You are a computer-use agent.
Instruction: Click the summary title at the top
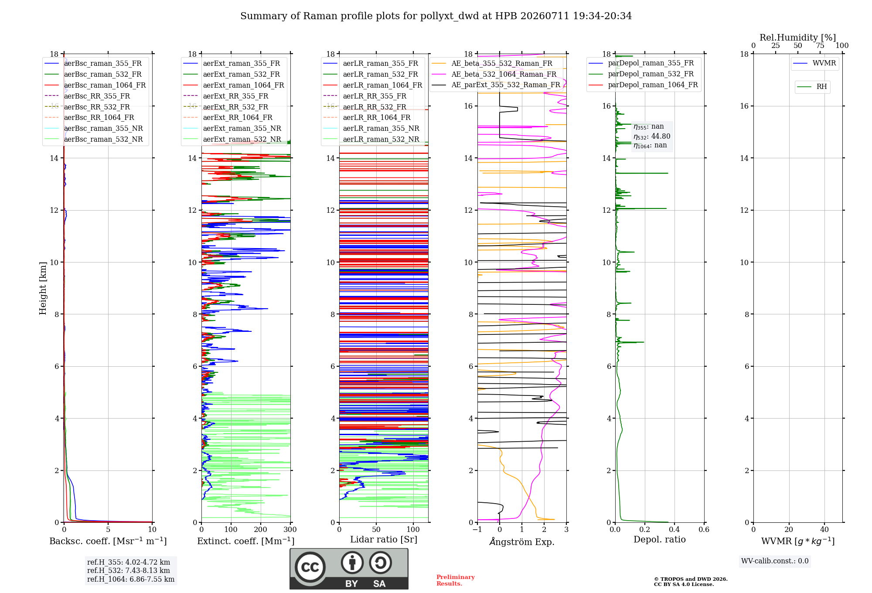point(436,16)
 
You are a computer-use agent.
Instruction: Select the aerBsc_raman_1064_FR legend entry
point(95,85)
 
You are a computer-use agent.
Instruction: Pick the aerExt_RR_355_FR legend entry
point(226,96)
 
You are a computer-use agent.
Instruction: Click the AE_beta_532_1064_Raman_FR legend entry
point(494,74)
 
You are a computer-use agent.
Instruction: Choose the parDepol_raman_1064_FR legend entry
point(644,85)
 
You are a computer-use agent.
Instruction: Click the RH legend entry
point(812,87)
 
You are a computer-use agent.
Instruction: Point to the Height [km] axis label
point(43,288)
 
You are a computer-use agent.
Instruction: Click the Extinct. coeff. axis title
point(246,541)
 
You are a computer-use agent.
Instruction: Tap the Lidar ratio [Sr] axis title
point(384,539)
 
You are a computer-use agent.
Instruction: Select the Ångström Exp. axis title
point(522,542)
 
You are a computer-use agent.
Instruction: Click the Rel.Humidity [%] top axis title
point(798,37)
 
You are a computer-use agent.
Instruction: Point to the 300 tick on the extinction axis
point(290,529)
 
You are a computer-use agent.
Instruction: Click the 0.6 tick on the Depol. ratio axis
point(704,529)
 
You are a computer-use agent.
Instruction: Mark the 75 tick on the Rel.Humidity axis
point(820,45)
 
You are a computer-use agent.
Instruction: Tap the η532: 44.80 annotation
point(652,136)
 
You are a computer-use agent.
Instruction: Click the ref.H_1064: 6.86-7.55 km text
point(131,579)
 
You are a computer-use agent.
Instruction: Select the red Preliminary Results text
point(456,580)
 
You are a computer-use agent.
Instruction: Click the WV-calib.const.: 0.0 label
point(775,561)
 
